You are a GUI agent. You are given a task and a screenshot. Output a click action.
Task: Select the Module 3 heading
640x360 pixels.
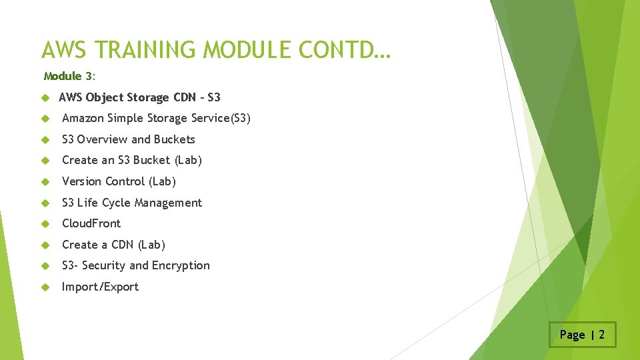(69, 77)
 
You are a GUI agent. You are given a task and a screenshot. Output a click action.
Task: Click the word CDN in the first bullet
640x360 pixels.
(185, 97)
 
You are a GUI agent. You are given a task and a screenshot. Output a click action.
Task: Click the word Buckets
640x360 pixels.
(174, 139)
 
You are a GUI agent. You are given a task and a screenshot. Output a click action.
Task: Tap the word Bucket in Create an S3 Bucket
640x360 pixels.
(152, 160)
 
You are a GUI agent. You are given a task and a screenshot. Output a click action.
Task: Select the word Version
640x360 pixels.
(82, 181)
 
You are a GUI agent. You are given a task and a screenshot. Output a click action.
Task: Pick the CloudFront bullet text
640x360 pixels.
(91, 223)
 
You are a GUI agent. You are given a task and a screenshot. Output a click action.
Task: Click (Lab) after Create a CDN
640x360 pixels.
(151, 245)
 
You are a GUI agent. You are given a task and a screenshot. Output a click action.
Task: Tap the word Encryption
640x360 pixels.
(181, 265)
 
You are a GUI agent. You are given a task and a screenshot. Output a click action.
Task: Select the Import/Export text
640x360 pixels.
(100, 287)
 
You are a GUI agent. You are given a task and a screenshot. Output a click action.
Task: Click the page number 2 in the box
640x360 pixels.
(601, 335)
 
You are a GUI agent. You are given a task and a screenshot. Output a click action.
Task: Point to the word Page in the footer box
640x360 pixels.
(572, 335)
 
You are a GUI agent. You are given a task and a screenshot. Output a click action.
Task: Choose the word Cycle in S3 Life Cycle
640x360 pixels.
(121, 203)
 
